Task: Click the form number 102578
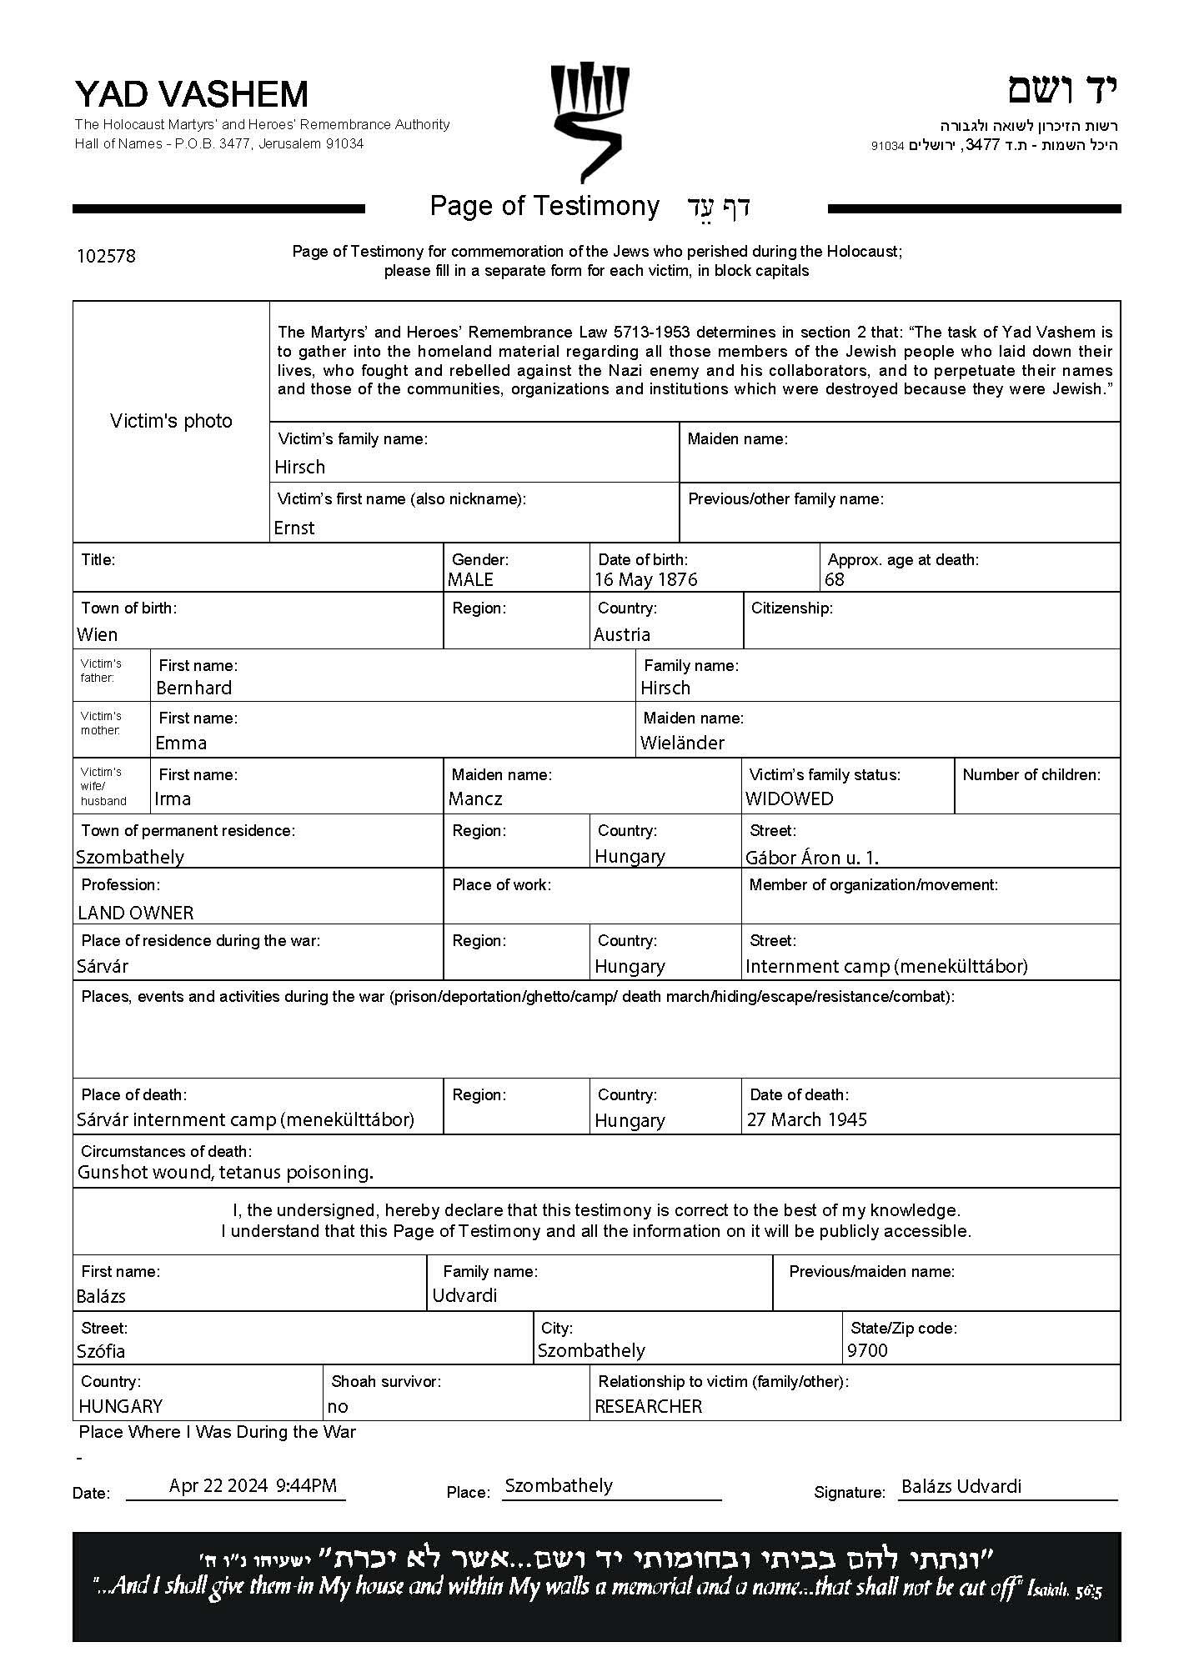click(x=106, y=256)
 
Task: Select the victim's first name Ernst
click(x=294, y=528)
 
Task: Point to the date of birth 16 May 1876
click(x=646, y=579)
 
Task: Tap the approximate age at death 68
click(x=835, y=579)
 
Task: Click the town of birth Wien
click(x=98, y=634)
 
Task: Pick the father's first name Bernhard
click(x=194, y=688)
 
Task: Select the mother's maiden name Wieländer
click(x=682, y=743)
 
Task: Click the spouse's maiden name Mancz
click(x=475, y=798)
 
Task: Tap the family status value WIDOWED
click(x=789, y=798)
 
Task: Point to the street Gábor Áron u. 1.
click(x=812, y=857)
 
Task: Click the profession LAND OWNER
click(x=136, y=913)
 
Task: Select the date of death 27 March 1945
click(x=807, y=1119)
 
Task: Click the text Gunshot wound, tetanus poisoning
click(x=225, y=1172)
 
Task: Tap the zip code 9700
click(x=867, y=1350)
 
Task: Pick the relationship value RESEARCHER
click(x=649, y=1406)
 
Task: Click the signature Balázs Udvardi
click(x=961, y=1486)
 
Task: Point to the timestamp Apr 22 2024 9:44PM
click(x=253, y=1485)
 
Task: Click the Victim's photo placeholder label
click(x=171, y=421)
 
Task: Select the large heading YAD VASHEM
click(x=192, y=94)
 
